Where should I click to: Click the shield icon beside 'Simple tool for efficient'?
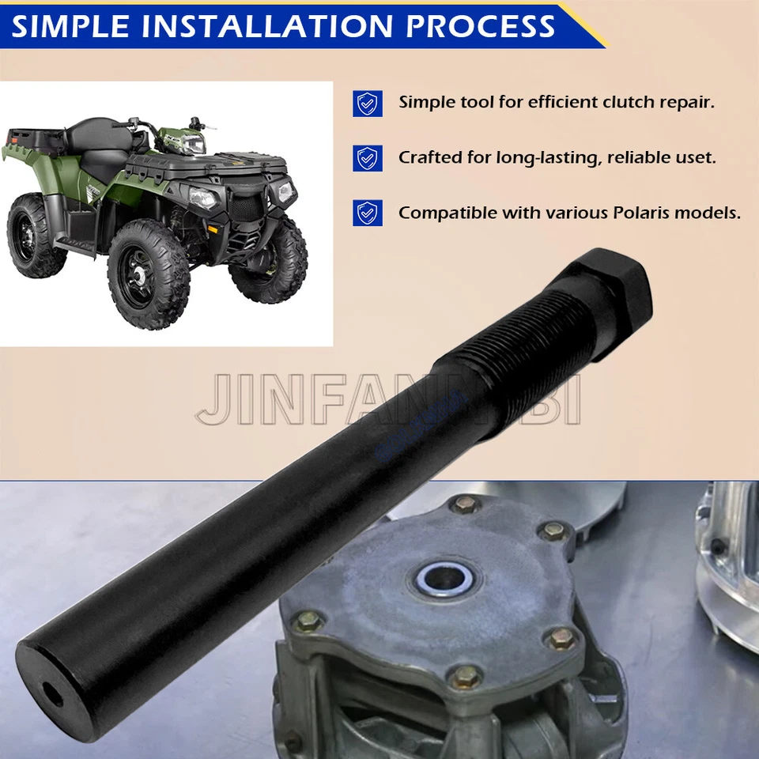[x=368, y=103]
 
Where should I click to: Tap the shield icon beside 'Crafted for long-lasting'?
[x=368, y=158]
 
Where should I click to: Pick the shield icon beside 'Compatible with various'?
[x=368, y=213]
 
